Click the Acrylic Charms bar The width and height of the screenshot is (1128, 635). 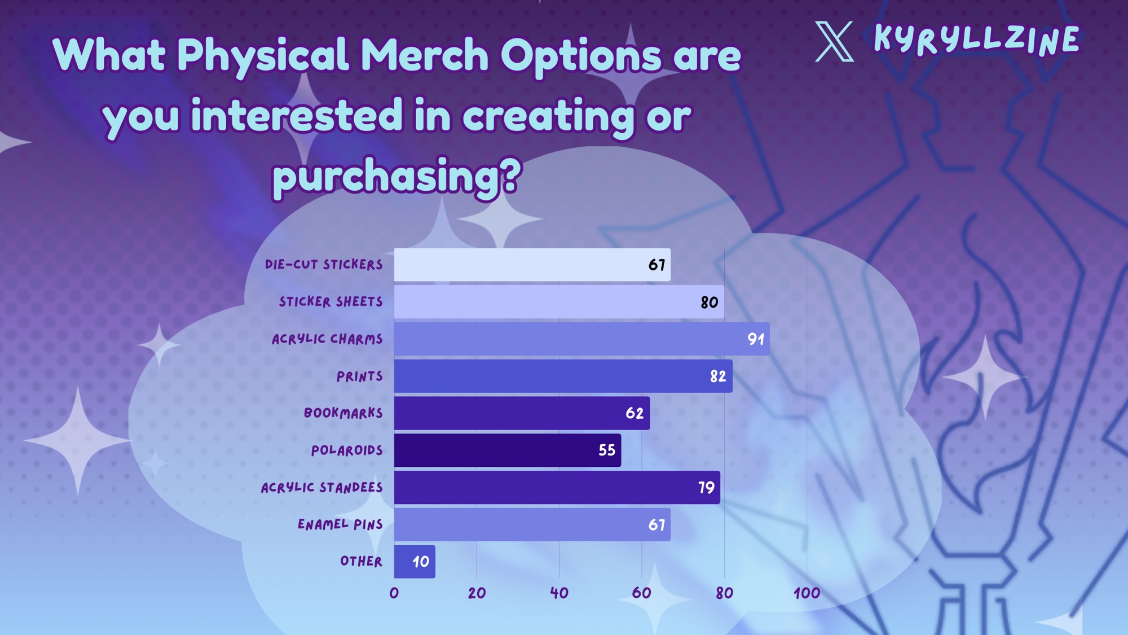[x=581, y=339]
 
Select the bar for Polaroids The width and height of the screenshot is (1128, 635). [x=508, y=450]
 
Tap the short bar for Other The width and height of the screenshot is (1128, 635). [x=415, y=562]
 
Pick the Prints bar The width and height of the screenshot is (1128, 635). [x=563, y=376]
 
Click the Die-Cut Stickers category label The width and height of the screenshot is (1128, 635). [x=324, y=264]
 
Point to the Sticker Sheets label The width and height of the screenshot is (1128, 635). [x=331, y=301]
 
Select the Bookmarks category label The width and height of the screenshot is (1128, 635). [x=343, y=413]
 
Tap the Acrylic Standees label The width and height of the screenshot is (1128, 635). [x=322, y=487]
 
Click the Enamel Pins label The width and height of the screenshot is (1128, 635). [x=340, y=524]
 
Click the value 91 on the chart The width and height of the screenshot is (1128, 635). [x=756, y=339]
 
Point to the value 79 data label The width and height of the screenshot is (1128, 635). [x=706, y=487]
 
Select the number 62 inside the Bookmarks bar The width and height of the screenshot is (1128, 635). [x=634, y=413]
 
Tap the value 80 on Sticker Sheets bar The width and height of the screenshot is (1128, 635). [x=710, y=302]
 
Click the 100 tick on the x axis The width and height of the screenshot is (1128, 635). [x=807, y=593]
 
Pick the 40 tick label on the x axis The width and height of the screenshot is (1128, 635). [x=559, y=593]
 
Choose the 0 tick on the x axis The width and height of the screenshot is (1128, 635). [x=394, y=593]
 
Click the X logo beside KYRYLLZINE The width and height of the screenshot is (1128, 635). [x=835, y=41]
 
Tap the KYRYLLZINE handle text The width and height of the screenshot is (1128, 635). [x=976, y=40]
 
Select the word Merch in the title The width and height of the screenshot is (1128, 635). [x=425, y=55]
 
